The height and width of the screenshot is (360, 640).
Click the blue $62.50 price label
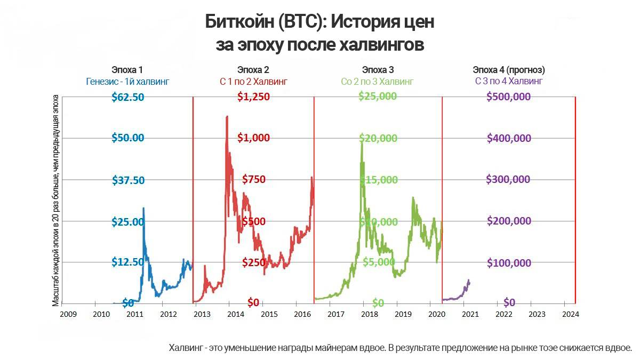click(128, 97)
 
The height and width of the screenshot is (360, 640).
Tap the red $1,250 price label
click(253, 97)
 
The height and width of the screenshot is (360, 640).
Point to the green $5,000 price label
click(379, 262)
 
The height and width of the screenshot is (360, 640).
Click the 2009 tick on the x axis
click(68, 314)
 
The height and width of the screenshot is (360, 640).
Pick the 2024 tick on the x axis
click(570, 314)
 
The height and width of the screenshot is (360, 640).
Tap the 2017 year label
click(335, 314)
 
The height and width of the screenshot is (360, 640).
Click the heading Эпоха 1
click(127, 70)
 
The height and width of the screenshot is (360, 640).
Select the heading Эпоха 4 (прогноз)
click(509, 70)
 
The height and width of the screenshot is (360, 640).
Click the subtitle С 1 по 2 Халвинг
click(253, 82)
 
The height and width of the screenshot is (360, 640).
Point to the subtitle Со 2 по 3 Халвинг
click(377, 82)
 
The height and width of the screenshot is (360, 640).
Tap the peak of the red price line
click(227, 116)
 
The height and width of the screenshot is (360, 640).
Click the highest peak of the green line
click(362, 142)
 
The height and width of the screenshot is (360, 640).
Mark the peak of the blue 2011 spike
click(143, 208)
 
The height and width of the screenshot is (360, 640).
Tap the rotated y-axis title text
click(55, 201)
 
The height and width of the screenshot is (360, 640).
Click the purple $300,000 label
click(508, 180)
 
